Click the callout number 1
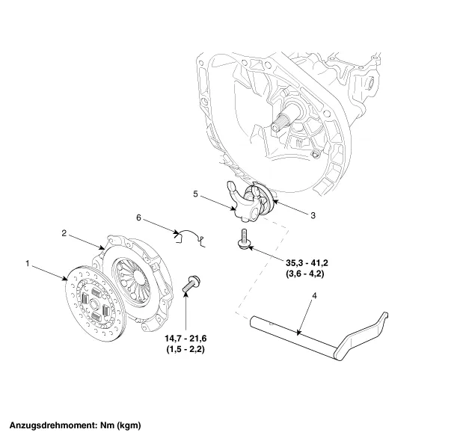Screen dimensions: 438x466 28,264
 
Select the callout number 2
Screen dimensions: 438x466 64,234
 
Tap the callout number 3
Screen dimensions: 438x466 313,215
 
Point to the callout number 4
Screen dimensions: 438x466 315,297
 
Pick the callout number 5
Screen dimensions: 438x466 196,194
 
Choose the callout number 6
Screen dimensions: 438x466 139,218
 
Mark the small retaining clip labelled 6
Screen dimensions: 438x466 188,235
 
